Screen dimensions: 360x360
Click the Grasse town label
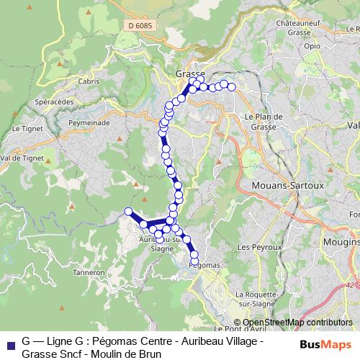pos(190,74)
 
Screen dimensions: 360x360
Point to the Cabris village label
pos(89,81)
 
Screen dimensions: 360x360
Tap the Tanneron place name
pos(89,272)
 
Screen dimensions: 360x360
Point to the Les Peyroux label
pos(252,247)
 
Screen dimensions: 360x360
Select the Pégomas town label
pos(204,265)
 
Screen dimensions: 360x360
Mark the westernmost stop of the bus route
pos(128,211)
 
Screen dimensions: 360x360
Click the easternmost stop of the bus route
pos(232,87)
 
